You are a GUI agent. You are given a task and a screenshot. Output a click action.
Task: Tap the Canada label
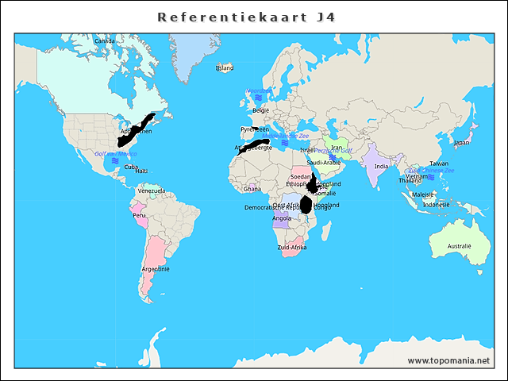click(104, 40)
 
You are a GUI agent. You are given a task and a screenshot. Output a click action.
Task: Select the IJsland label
click(225, 68)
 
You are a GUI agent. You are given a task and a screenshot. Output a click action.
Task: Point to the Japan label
click(461, 143)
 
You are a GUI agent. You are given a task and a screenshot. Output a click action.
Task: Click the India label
click(381, 166)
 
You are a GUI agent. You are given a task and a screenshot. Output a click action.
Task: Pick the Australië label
click(459, 247)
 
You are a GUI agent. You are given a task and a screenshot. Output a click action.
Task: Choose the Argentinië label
click(156, 268)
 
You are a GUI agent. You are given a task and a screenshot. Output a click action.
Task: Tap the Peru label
click(139, 215)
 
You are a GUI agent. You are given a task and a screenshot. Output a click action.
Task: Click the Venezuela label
click(151, 190)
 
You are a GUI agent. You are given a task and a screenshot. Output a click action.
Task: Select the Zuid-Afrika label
click(292, 248)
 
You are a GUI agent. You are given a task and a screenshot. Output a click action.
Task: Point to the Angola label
click(282, 218)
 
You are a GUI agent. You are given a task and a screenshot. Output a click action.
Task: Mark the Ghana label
click(252, 189)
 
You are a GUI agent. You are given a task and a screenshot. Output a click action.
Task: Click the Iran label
click(337, 148)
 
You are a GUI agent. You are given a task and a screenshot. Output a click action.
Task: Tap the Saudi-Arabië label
click(324, 162)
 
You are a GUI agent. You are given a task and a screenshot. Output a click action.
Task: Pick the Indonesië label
click(437, 204)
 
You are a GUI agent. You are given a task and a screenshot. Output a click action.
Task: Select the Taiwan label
click(439, 164)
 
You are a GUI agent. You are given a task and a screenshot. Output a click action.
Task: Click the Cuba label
click(131, 167)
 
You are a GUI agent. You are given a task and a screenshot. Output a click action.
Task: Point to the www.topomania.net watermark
click(448, 360)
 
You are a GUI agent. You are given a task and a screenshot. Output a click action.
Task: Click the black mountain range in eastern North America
click(135, 129)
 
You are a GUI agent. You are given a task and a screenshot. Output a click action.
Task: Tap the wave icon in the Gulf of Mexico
click(115, 161)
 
